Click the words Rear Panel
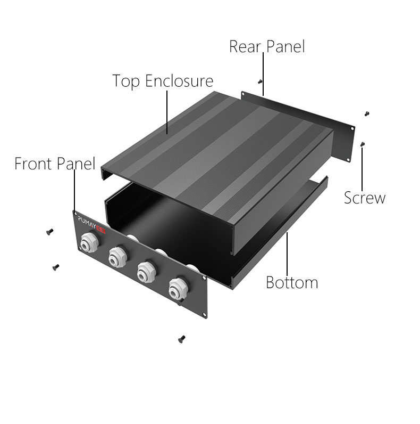(267, 46)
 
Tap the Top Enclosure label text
(163, 81)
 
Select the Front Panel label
(55, 164)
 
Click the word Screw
(365, 198)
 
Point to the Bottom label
(292, 282)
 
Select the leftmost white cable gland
(89, 242)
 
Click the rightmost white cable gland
(178, 289)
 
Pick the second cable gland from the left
(117, 257)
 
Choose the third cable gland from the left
(147, 272)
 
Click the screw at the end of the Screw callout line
(363, 144)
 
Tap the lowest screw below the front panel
(182, 339)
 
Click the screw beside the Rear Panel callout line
(259, 81)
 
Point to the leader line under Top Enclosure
(167, 112)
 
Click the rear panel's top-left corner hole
(242, 94)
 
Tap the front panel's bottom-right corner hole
(204, 314)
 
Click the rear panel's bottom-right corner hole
(349, 160)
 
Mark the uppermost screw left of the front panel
(49, 232)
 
